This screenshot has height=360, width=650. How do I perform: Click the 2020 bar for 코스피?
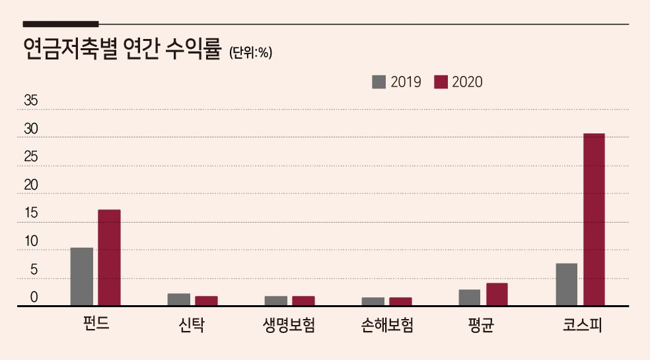[594, 219]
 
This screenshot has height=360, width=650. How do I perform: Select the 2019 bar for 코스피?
[566, 285]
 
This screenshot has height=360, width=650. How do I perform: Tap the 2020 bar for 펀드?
[110, 258]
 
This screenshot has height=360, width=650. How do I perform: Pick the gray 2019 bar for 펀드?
[82, 277]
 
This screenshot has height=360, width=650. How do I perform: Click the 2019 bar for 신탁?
[178, 299]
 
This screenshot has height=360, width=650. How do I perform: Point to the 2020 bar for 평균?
[497, 295]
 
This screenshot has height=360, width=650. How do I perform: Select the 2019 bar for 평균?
[469, 298]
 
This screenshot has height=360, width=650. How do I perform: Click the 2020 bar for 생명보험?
[303, 301]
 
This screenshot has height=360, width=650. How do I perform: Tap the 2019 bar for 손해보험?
[373, 301]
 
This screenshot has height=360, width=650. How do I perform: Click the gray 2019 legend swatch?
[379, 82]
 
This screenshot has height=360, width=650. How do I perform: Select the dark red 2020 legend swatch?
[441, 82]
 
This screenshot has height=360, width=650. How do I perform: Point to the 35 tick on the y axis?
[30, 100]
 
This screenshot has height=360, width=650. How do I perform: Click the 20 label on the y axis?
[30, 185]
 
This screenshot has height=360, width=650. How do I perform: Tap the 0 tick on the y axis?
[34, 297]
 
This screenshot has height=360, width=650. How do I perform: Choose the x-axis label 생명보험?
[289, 325]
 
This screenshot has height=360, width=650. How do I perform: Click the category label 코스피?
[583, 325]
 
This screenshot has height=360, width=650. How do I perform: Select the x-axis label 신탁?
[192, 325]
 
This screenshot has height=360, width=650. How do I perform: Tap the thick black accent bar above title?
[61, 24]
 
